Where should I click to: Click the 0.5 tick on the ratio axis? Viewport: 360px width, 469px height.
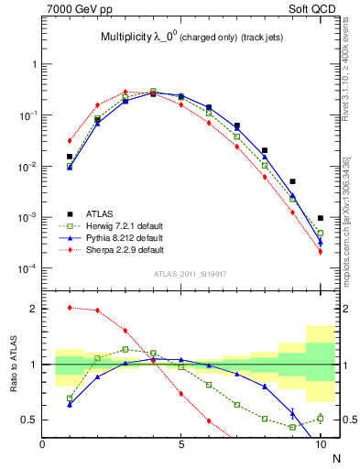[31, 420]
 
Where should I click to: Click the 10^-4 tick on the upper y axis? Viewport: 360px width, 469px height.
[27, 268]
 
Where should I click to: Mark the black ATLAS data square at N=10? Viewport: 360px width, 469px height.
[321, 218]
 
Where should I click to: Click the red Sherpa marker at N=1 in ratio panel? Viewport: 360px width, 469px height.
[70, 307]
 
